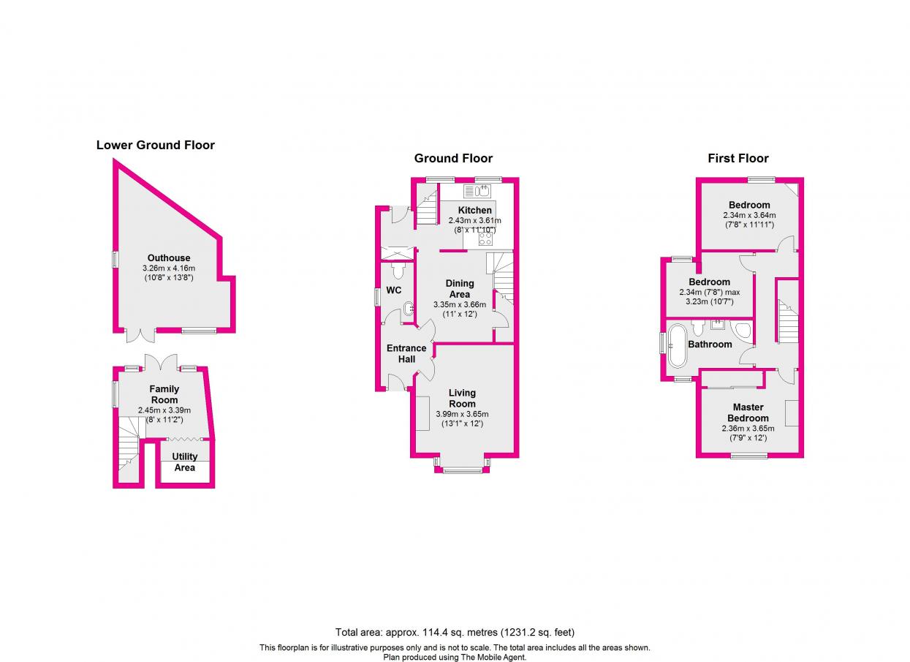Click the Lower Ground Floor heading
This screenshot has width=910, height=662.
(156, 145)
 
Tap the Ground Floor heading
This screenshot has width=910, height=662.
(453, 158)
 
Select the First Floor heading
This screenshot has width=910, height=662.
(738, 158)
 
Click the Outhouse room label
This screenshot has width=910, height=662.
(169, 257)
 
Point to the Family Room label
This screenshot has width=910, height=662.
(164, 394)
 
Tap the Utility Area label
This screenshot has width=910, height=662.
(185, 462)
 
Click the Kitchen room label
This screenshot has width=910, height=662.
(475, 210)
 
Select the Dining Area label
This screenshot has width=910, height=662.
(460, 288)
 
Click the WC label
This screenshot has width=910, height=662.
(394, 290)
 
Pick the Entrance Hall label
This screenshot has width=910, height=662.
(406, 353)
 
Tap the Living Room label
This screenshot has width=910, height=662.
(462, 398)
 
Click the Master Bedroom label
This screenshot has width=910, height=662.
(748, 413)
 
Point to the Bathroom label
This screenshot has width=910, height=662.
(710, 344)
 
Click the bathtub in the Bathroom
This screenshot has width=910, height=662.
(676, 346)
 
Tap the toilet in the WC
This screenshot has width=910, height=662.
(398, 271)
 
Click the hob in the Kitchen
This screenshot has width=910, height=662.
(486, 237)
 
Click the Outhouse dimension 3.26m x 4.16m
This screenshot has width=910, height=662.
(169, 268)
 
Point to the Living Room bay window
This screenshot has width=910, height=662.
(462, 467)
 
